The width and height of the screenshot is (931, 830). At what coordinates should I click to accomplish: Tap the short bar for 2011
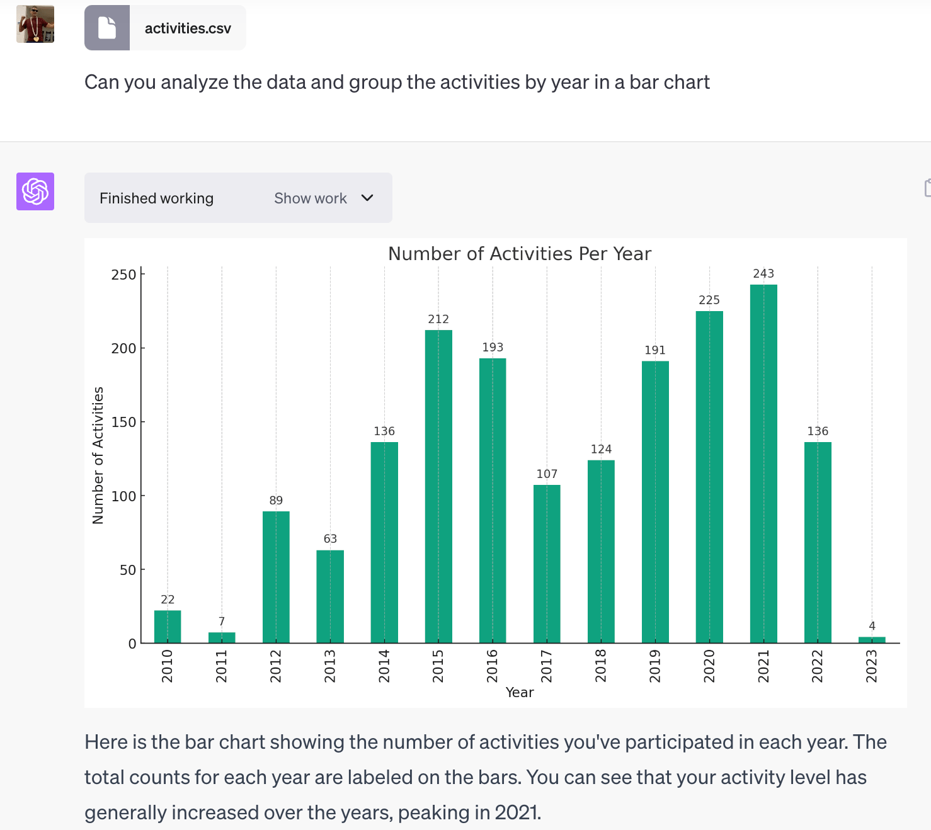(222, 637)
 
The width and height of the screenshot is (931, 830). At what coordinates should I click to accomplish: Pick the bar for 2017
(547, 564)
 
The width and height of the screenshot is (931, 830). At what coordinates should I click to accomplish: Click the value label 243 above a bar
(763, 273)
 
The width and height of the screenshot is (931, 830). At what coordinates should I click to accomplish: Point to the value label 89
(276, 501)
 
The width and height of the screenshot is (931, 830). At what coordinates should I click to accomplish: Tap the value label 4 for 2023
(872, 626)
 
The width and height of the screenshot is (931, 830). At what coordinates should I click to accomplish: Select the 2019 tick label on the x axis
(655, 666)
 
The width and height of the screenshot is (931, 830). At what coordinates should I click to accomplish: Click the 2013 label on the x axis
(330, 666)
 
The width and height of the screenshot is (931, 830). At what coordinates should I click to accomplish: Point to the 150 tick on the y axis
(123, 422)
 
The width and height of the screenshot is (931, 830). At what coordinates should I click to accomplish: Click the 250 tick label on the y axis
(123, 275)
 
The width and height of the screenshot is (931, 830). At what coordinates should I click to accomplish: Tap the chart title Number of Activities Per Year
(520, 254)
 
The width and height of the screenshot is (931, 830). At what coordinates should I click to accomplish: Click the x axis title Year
(520, 693)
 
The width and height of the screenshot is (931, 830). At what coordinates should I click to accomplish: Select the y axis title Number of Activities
(98, 455)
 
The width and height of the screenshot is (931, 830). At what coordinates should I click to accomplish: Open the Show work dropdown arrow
(367, 198)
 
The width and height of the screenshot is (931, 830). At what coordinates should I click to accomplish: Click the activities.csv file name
(188, 28)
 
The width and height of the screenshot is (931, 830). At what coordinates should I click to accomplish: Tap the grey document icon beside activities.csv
(107, 28)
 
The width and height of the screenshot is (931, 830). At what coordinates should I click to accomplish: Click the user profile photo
(35, 24)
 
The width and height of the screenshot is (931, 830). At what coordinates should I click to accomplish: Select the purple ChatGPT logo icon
(35, 191)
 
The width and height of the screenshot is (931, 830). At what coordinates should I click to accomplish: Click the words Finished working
(156, 198)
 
